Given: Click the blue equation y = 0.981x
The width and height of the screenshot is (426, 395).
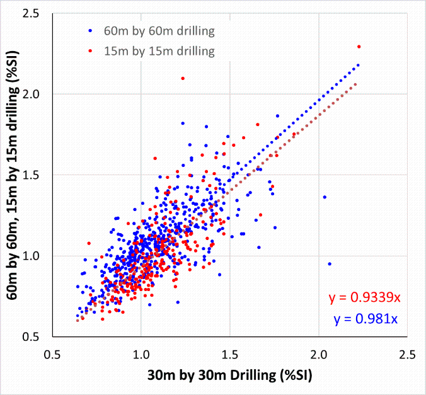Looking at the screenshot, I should (x=365, y=319).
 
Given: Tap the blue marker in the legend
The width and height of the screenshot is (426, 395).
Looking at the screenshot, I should (x=91, y=30).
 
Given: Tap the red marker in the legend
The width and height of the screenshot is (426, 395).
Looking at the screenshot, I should (x=91, y=49).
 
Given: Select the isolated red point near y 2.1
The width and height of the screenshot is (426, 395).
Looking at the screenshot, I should (x=183, y=78).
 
